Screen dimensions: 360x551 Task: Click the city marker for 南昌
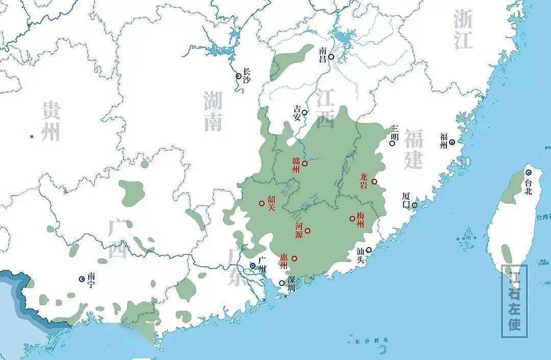(331, 57)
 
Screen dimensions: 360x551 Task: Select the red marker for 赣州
(305, 163)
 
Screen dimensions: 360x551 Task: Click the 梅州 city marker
(353, 219)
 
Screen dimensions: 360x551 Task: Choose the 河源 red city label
(298, 231)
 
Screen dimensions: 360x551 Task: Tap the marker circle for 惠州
(294, 258)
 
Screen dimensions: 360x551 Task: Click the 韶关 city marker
(262, 203)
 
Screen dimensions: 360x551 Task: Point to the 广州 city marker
(253, 266)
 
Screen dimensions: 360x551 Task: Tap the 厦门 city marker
(414, 205)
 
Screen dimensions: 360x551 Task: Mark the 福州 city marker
(452, 142)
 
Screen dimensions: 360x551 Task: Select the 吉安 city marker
(305, 112)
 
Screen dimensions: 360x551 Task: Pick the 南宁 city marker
(82, 279)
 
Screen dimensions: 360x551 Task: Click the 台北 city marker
(529, 173)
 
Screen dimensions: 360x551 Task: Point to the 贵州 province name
(51, 121)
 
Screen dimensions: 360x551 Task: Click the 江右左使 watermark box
(514, 301)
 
